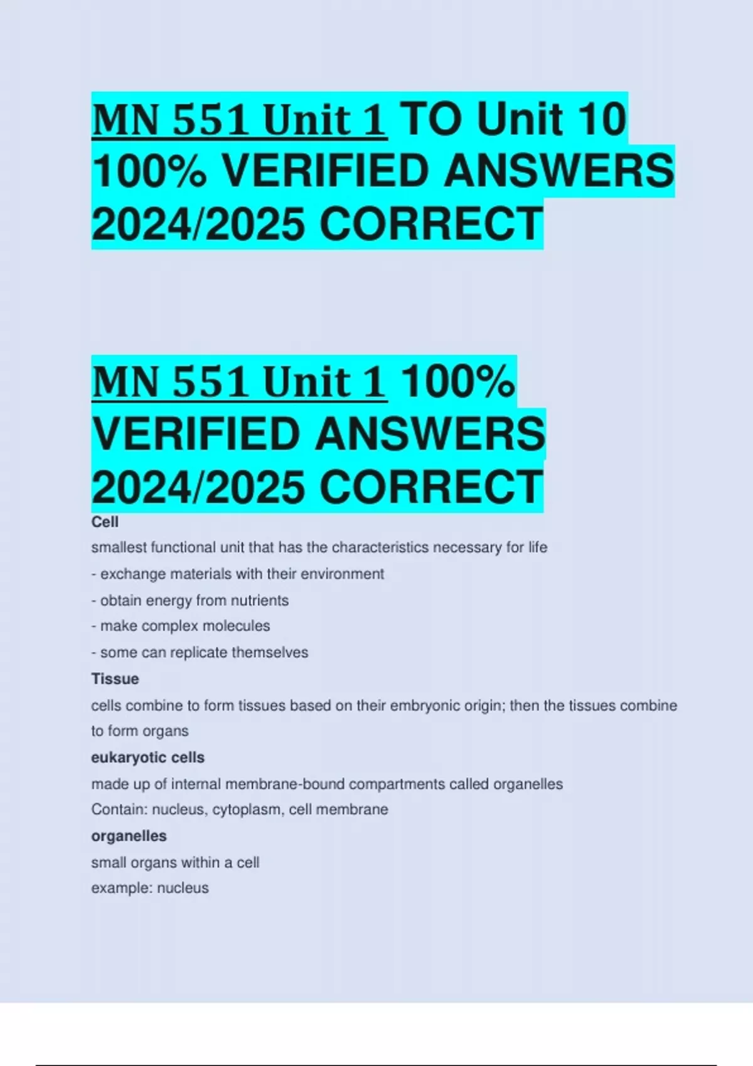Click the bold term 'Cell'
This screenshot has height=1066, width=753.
click(105, 522)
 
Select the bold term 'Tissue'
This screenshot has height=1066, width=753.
click(115, 678)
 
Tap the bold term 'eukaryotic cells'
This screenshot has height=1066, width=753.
click(147, 757)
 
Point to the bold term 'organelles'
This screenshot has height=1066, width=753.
click(129, 836)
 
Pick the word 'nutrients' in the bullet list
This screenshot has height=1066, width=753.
click(259, 601)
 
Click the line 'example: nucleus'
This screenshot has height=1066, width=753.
click(149, 888)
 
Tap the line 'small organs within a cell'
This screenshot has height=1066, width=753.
click(175, 862)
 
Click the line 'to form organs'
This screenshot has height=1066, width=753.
click(139, 731)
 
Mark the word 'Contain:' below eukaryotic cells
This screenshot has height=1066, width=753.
click(119, 810)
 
